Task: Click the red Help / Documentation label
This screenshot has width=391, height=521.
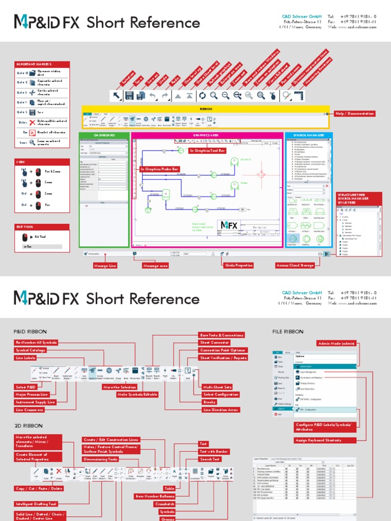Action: [x=355, y=113]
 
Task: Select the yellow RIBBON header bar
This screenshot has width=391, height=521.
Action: [x=206, y=108]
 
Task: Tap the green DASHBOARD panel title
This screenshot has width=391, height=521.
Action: [x=104, y=135]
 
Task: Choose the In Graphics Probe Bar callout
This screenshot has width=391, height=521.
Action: [x=160, y=168]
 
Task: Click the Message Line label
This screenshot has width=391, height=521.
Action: [x=105, y=266]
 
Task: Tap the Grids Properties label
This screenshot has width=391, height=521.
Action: [x=238, y=266]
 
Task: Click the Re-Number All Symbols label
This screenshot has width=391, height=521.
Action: [x=36, y=342]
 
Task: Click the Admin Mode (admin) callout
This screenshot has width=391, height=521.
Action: [x=336, y=343]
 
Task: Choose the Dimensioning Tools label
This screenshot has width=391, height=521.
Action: [x=100, y=459]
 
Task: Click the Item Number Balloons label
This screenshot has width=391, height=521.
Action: [x=154, y=496]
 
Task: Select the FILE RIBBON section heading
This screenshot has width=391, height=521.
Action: [x=288, y=331]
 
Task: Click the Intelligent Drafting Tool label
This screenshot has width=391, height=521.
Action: [x=36, y=504]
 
